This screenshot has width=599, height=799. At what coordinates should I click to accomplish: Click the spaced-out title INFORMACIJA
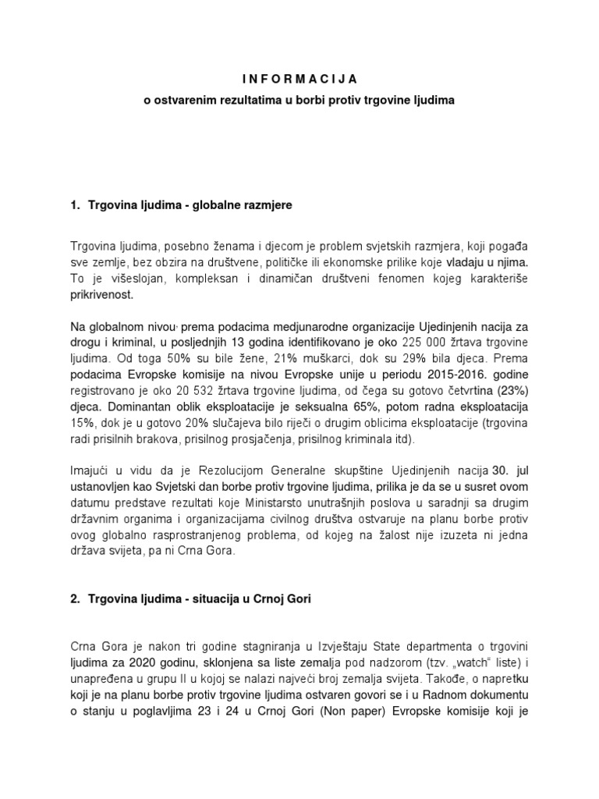(x=299, y=79)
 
